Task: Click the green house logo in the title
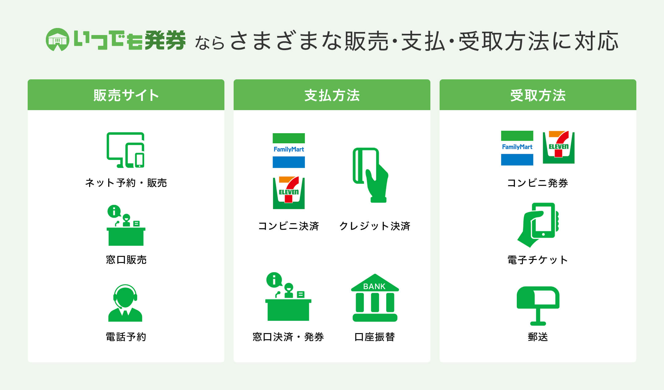point(57,40)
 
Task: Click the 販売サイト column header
point(126,95)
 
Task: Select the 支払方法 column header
point(332,95)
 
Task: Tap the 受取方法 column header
point(538,95)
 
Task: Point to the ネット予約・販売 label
point(126,183)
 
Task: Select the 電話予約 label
point(126,337)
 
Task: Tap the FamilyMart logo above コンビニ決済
point(289,150)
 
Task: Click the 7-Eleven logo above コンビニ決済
point(289,193)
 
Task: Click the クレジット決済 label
point(375,226)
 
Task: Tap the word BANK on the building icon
point(374,286)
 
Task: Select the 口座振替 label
point(375,337)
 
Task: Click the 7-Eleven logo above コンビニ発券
point(559,147)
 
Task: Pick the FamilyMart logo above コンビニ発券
point(517,148)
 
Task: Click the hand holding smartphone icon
point(538,225)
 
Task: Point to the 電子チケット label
point(538,260)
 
